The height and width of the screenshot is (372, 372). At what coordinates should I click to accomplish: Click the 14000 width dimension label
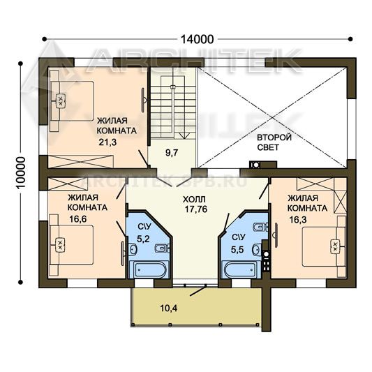coord(197,39)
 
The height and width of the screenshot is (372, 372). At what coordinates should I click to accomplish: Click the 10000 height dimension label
coord(20,172)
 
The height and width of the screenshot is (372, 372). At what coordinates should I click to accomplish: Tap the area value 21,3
coord(107,142)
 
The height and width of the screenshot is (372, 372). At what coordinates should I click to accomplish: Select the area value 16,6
coord(78,219)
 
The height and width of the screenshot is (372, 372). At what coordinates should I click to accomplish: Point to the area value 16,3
coord(298,220)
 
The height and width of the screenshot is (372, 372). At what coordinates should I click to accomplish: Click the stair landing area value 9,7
coord(172,153)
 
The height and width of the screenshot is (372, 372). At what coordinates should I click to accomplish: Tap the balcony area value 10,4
coord(169,308)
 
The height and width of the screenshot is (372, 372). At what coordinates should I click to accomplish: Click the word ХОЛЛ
coord(194,200)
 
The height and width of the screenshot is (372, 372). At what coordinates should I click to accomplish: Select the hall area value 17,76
coord(196,209)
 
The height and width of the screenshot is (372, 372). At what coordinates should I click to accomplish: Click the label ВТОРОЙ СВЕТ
coord(274,142)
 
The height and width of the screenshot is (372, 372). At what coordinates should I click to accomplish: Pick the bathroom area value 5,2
coord(143,239)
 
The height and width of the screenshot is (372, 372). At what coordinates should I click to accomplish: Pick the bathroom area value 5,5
coord(237,250)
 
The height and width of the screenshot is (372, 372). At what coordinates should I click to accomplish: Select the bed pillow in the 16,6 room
coord(60,245)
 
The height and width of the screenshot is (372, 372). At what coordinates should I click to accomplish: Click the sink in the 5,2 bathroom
coord(133,249)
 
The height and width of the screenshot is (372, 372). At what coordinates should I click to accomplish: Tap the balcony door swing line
coord(198,291)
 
